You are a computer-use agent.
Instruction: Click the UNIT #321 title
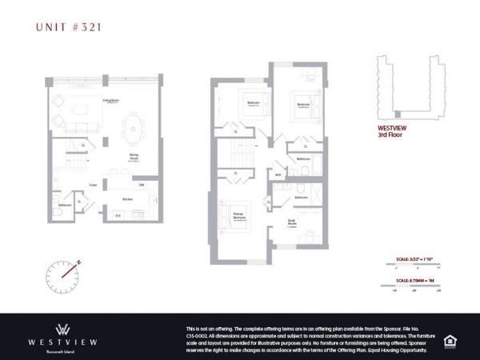(x=69, y=26)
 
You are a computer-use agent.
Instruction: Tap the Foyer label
(x=94, y=185)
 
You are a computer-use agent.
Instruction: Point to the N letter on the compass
(x=81, y=259)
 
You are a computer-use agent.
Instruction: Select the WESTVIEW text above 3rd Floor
(x=392, y=127)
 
